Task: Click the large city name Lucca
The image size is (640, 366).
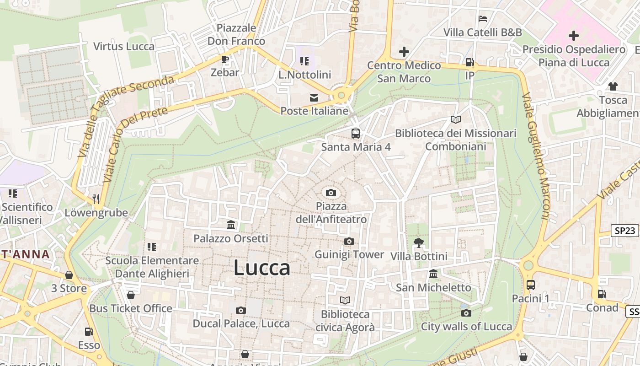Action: pyautogui.click(x=262, y=268)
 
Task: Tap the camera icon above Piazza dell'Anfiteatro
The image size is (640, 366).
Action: pyautogui.click(x=331, y=193)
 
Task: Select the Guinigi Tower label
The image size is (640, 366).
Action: pyautogui.click(x=349, y=254)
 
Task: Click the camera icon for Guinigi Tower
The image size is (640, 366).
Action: pyautogui.click(x=349, y=241)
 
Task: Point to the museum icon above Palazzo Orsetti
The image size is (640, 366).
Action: pyautogui.click(x=231, y=225)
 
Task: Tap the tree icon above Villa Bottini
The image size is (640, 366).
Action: pyautogui.click(x=418, y=242)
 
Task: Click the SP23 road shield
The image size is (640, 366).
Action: pyautogui.click(x=624, y=231)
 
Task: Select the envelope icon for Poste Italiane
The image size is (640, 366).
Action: pyautogui.click(x=314, y=97)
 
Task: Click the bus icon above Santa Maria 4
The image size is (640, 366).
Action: pyautogui.click(x=355, y=134)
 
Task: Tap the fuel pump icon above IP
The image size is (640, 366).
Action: pyautogui.click(x=469, y=62)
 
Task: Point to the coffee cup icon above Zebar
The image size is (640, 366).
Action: pyautogui.click(x=224, y=59)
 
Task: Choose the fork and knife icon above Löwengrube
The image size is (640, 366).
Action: pyautogui.click(x=96, y=199)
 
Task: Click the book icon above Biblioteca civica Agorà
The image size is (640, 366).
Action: pyautogui.click(x=345, y=301)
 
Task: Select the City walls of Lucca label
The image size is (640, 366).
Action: pyautogui.click(x=466, y=327)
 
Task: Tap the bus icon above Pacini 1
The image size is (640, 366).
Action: pyautogui.click(x=530, y=285)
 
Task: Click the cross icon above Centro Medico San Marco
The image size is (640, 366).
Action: pyautogui.click(x=404, y=52)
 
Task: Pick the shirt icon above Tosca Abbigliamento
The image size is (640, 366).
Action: pyautogui.click(x=613, y=86)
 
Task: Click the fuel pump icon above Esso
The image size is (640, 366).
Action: pyautogui.click(x=88, y=332)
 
